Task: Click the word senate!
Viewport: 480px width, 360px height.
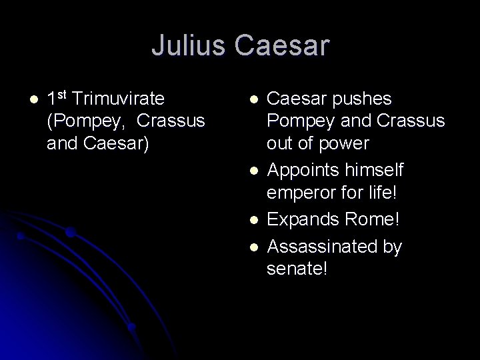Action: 297,271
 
